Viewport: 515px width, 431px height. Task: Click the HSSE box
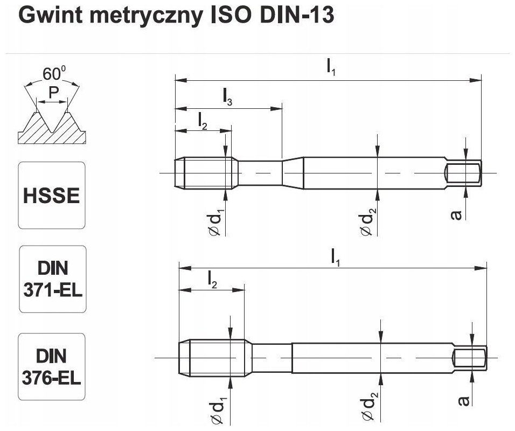coord(52,195)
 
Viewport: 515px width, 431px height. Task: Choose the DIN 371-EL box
coord(52,279)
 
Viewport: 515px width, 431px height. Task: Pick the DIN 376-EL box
coord(52,366)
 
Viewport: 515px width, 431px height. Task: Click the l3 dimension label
coord(227,97)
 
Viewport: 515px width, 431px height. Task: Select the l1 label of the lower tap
coord(335,256)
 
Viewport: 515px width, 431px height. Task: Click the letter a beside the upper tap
coord(456,214)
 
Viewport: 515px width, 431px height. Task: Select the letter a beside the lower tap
coord(462,400)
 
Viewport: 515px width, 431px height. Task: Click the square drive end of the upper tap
coord(464,173)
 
